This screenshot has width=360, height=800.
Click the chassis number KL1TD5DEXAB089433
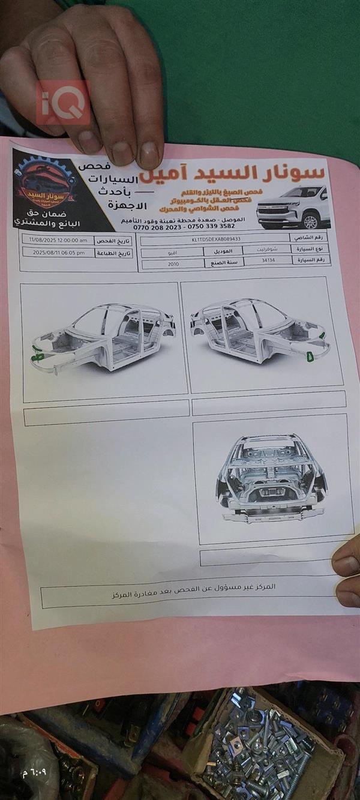pos(215,238)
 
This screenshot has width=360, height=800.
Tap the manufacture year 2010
pos(173,263)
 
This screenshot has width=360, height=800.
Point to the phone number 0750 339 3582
pos(212,226)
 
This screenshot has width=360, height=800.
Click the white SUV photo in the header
pos(293,208)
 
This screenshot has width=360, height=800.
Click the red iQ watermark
pos(62,103)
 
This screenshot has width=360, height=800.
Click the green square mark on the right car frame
pos(310,356)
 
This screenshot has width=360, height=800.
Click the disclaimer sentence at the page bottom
pos(193,590)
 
